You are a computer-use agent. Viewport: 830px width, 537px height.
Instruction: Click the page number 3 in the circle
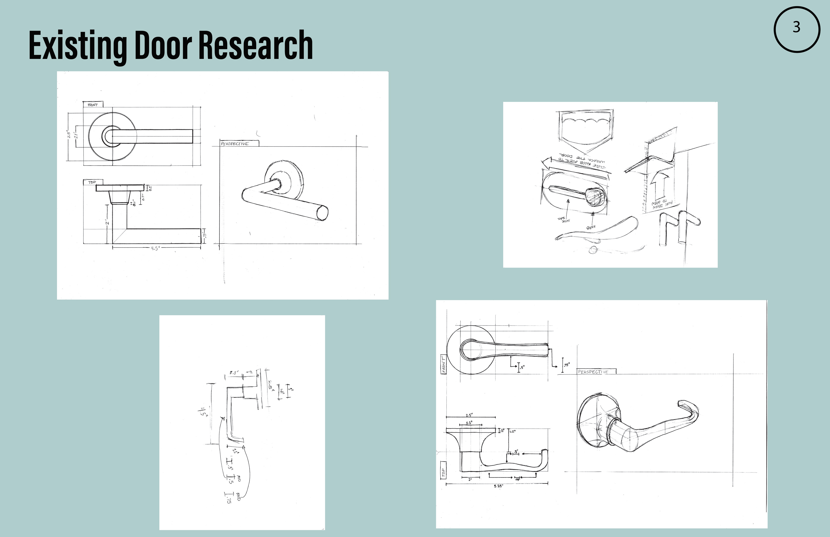(796, 27)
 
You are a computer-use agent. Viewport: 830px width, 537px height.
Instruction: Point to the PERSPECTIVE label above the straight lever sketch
(235, 143)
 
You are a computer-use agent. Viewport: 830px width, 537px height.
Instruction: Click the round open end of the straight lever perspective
(322, 212)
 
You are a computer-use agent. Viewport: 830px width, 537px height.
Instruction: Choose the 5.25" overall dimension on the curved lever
(498, 486)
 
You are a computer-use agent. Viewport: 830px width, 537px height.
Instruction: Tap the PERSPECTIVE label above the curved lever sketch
(593, 372)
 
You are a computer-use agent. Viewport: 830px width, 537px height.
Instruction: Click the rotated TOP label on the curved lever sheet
(443, 473)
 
